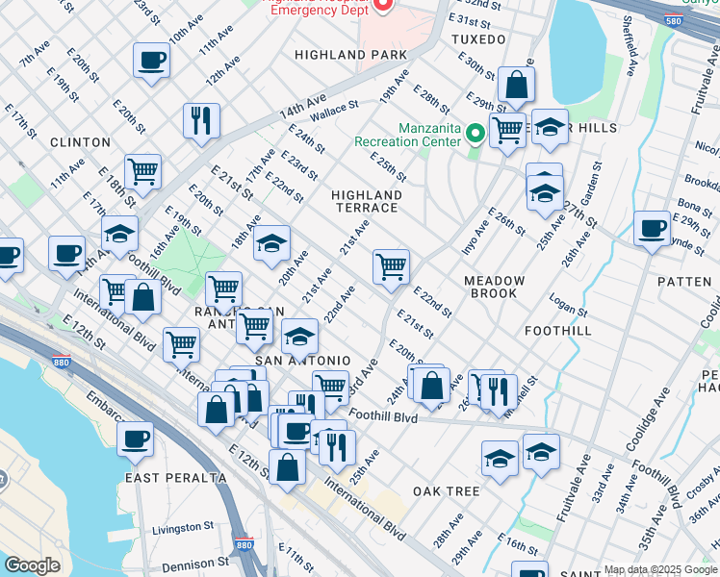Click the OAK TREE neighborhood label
(x=446, y=491)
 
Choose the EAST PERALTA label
(x=175, y=477)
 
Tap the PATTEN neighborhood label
(x=683, y=282)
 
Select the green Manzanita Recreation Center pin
(x=475, y=134)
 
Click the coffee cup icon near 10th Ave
(x=152, y=62)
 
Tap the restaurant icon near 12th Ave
(x=201, y=121)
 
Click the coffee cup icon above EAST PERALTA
(x=136, y=439)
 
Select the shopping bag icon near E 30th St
(x=516, y=86)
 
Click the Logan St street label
(x=567, y=305)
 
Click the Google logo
(x=31, y=565)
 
